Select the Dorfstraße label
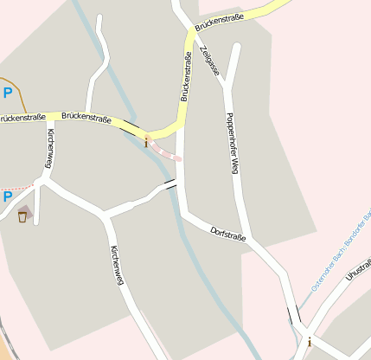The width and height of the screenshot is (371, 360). tap(228, 233)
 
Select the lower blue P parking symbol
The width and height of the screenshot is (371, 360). tap(8, 197)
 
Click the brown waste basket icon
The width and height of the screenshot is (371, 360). tap(22, 216)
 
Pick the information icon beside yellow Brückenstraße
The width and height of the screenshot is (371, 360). tap(146, 142)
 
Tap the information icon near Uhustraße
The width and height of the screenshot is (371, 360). tap(310, 342)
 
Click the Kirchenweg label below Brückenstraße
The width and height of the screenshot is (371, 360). tap(50, 148)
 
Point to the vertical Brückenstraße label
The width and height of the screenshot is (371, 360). tap(186, 77)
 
